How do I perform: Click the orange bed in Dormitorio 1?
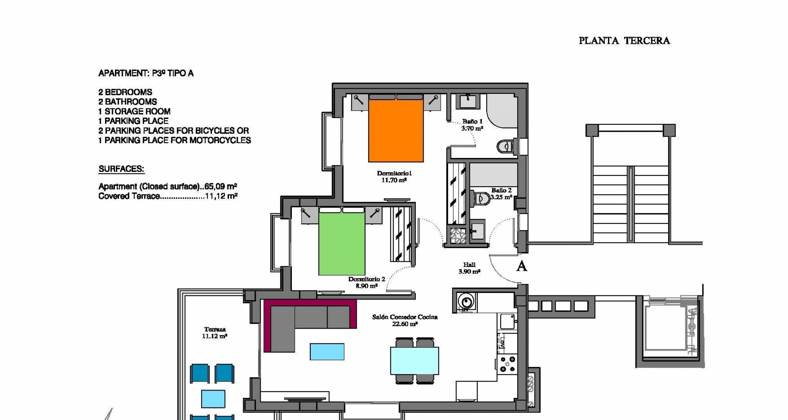click(x=396, y=128)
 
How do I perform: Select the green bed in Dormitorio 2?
click(x=342, y=241)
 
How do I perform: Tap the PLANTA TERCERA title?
click(x=624, y=41)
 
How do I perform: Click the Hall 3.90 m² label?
click(x=469, y=268)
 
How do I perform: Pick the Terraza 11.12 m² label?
click(x=215, y=333)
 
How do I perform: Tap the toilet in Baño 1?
click(x=504, y=146)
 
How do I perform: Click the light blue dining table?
click(x=415, y=361)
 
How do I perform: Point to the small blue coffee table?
click(x=327, y=352)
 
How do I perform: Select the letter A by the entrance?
click(x=522, y=266)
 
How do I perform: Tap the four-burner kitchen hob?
click(x=508, y=364)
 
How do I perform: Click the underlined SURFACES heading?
click(x=121, y=169)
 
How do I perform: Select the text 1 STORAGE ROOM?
click(x=134, y=111)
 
